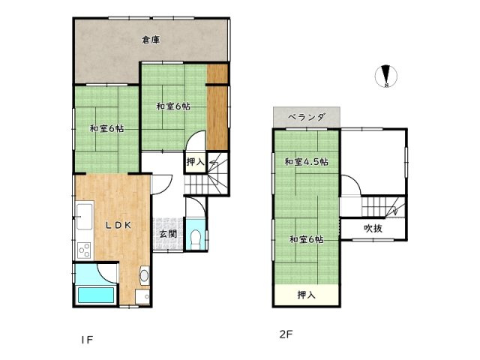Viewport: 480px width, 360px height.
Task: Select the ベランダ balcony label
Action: click(x=306, y=117)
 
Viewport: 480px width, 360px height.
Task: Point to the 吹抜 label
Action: click(x=373, y=228)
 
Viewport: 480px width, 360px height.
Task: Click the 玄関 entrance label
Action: click(x=166, y=234)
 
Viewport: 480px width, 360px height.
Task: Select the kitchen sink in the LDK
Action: click(x=83, y=214)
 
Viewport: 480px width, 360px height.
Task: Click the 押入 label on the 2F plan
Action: click(x=306, y=295)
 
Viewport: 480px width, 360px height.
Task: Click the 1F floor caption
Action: click(x=87, y=340)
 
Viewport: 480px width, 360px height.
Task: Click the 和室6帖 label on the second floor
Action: click(x=307, y=239)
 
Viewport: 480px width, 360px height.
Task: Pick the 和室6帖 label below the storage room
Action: click(x=173, y=106)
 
